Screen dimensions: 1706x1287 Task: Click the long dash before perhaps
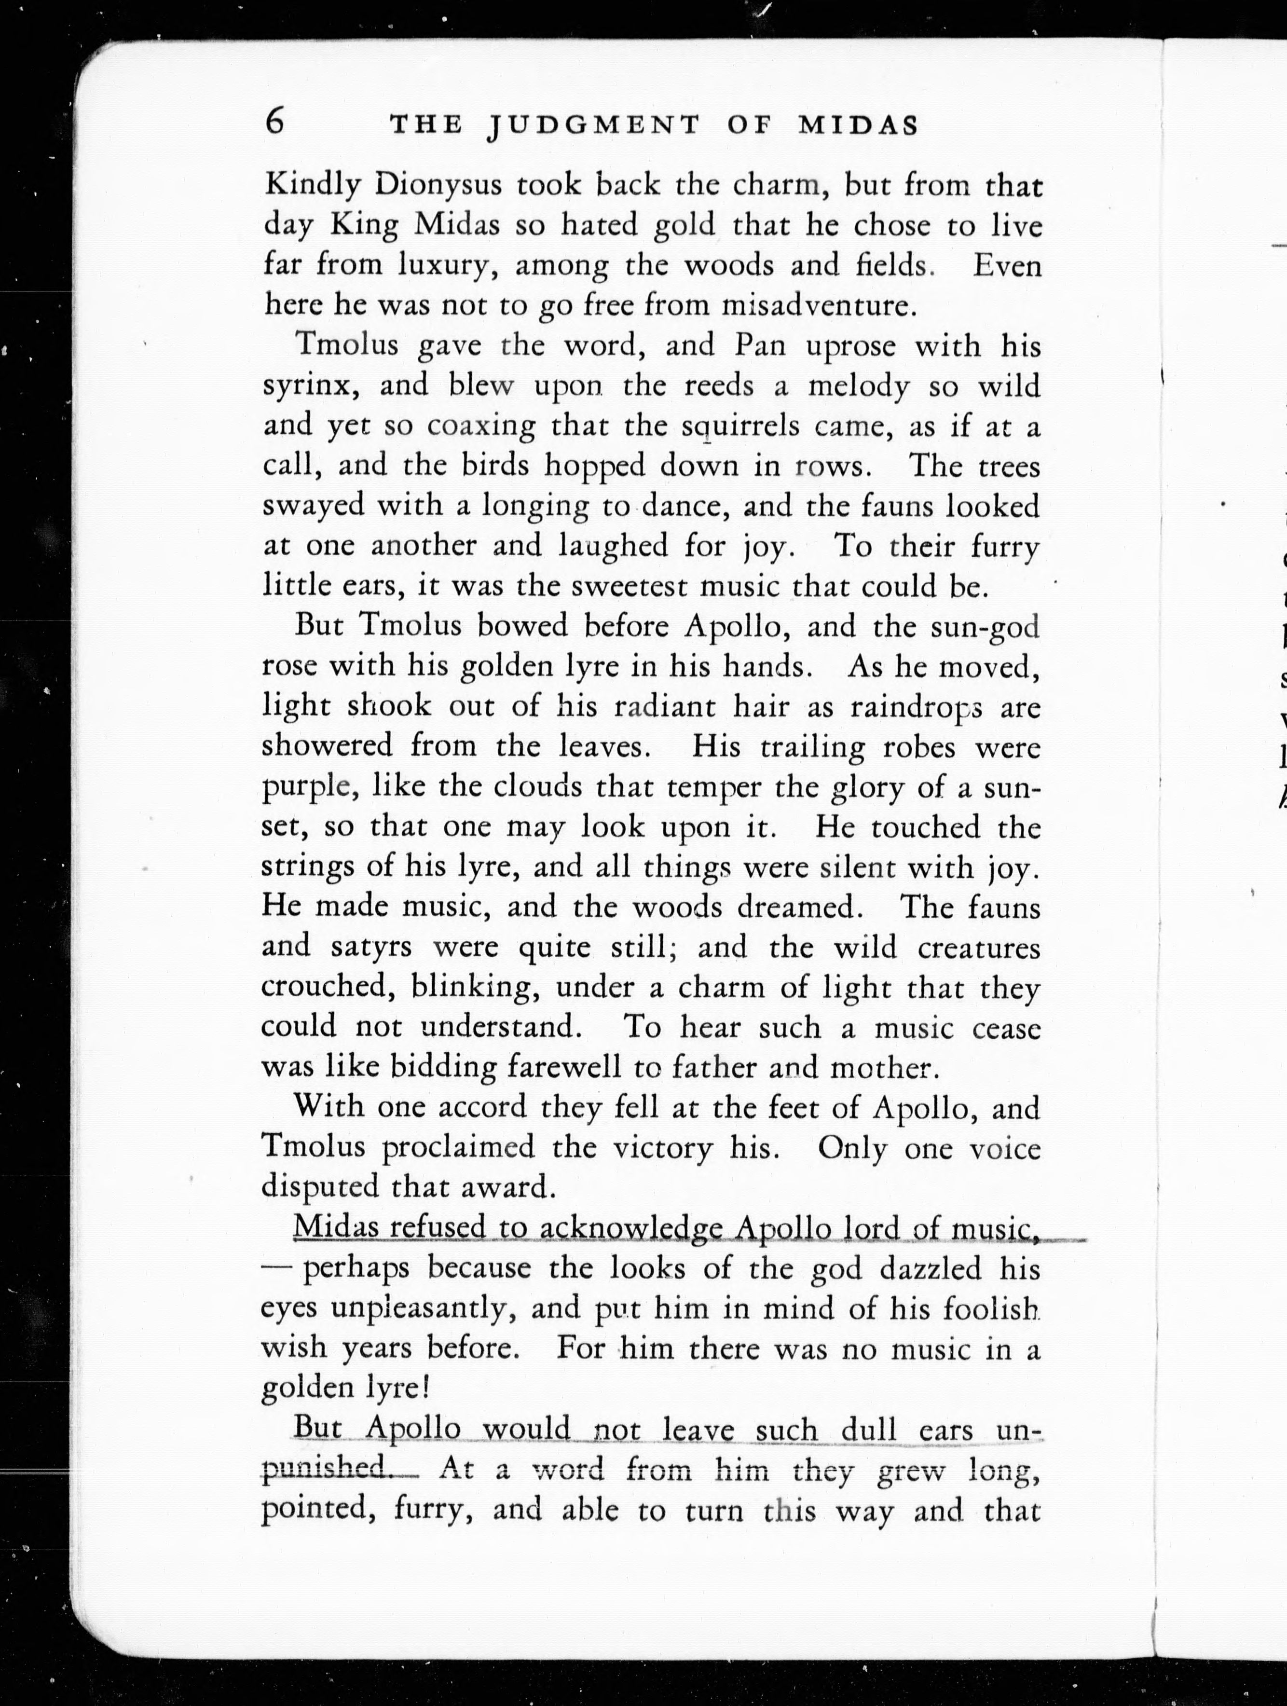click(x=276, y=1269)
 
